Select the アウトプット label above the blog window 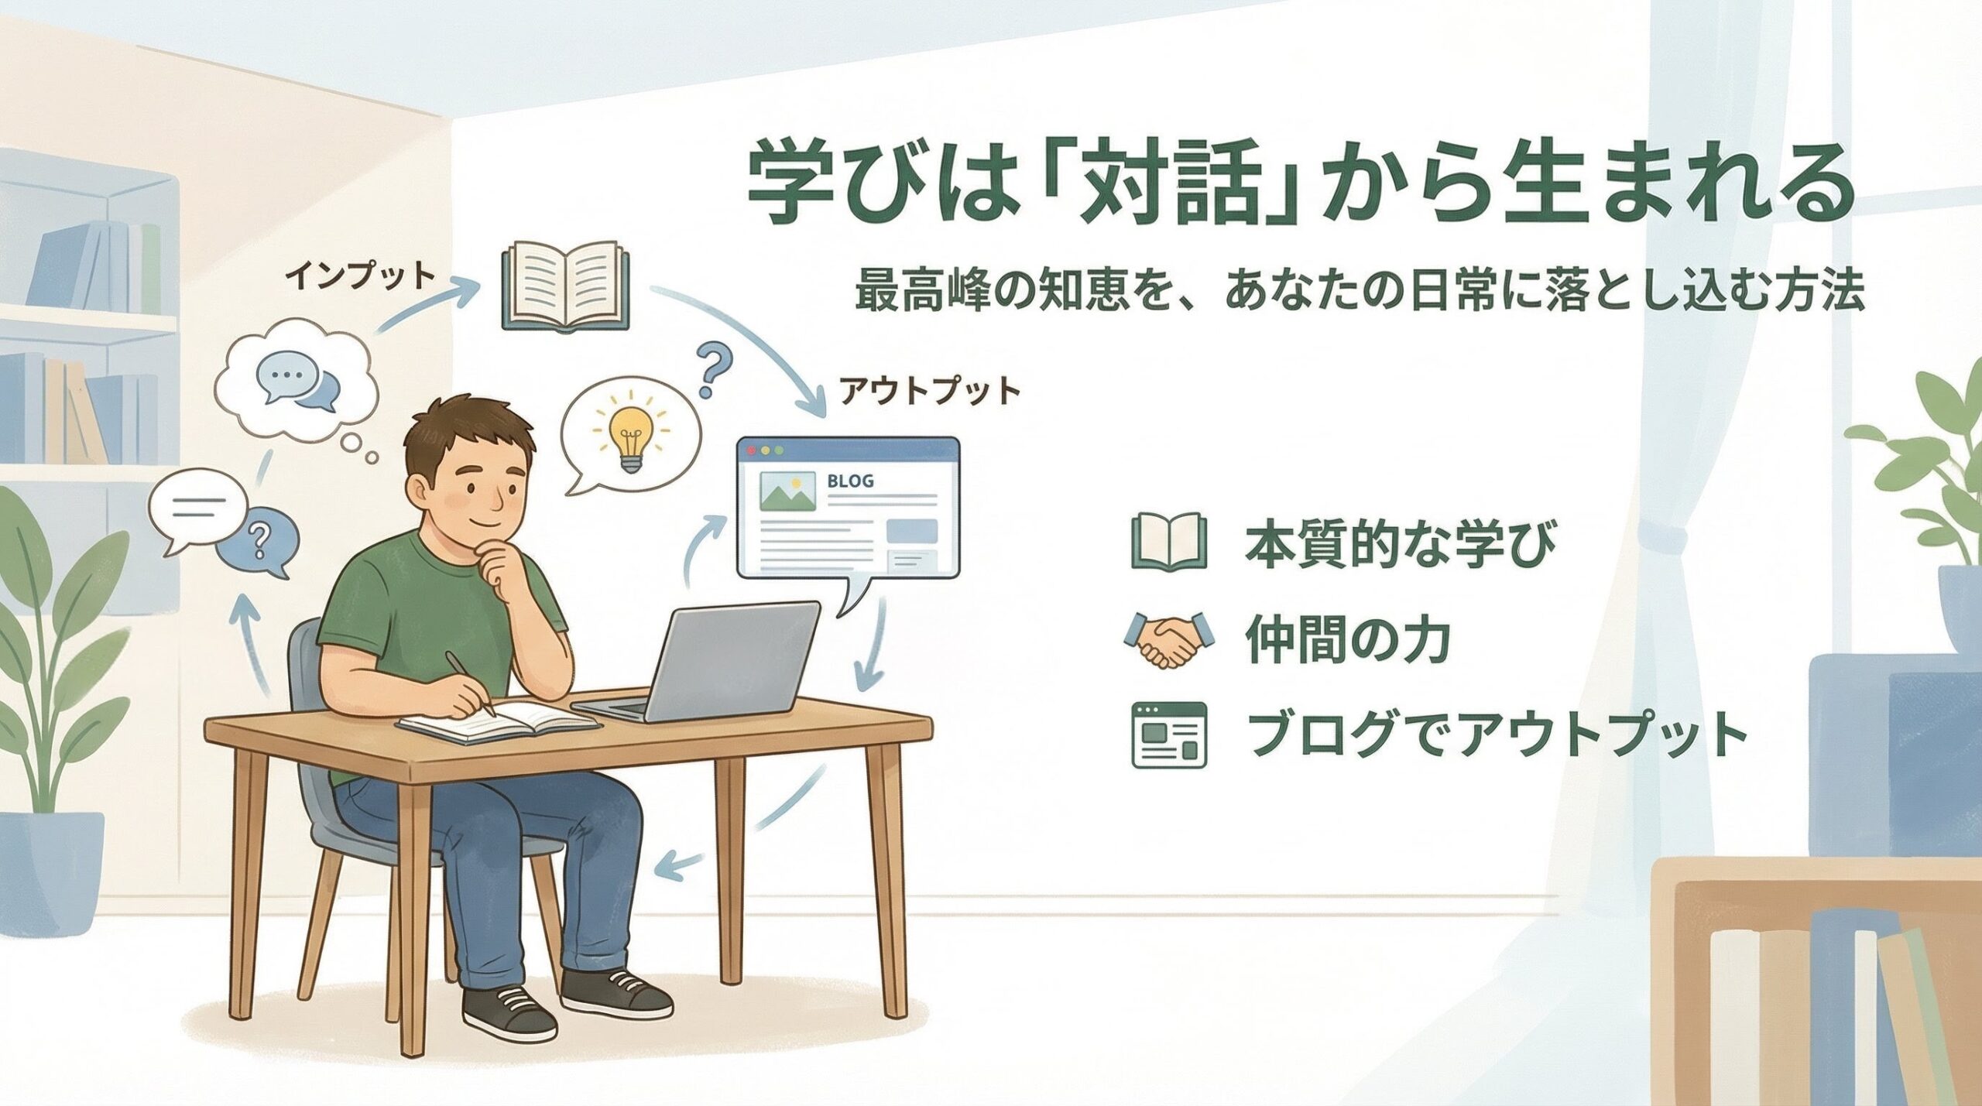(930, 391)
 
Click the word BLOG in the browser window (850, 481)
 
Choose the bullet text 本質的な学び (1400, 543)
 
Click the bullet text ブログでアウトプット (1486, 734)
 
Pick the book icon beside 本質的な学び (1169, 542)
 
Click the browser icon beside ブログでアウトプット (1169, 734)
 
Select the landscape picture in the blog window (788, 491)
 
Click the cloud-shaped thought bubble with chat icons (297, 386)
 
